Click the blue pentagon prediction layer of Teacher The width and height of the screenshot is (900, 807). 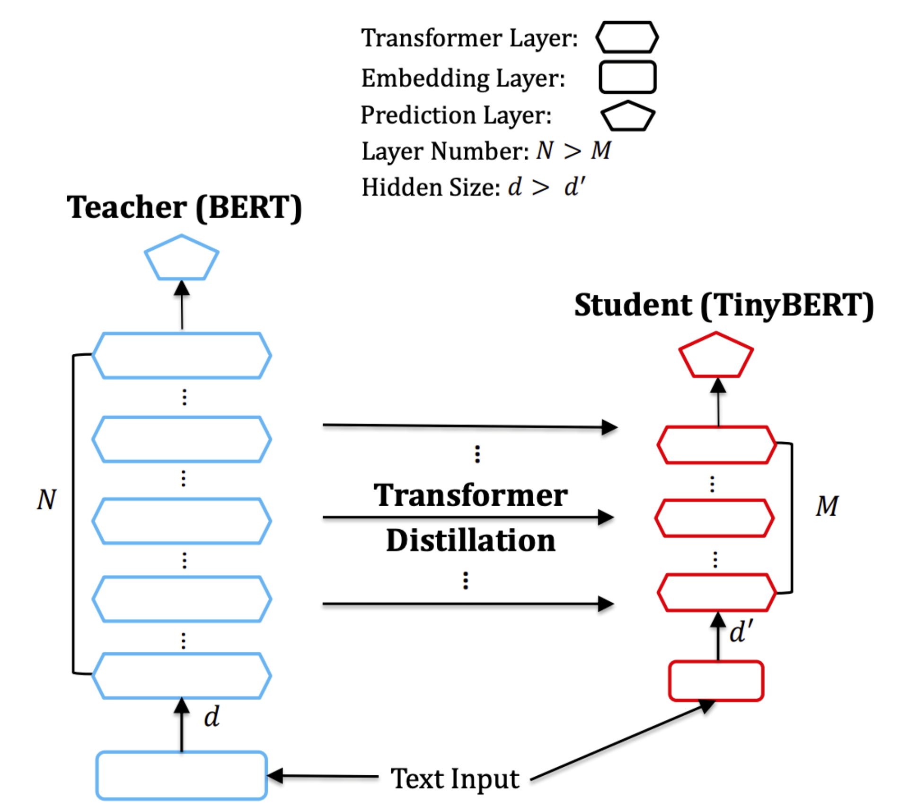click(181, 259)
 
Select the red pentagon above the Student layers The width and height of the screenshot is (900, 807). click(715, 356)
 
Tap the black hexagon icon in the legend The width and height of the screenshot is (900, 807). click(626, 37)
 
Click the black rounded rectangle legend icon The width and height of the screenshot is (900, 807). click(627, 77)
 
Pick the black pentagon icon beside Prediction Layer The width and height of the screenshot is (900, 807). click(627, 116)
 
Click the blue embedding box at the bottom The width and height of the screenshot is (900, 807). click(181, 775)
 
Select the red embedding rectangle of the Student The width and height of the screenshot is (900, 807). click(715, 681)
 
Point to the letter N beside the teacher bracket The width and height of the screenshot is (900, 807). click(46, 500)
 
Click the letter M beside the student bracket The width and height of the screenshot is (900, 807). click(827, 506)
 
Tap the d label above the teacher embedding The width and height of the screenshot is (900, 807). click(212, 717)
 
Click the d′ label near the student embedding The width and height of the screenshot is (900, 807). click(741, 632)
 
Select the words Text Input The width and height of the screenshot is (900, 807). click(455, 778)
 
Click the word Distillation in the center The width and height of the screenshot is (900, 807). click(470, 540)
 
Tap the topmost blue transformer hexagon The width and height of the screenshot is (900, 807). click(181, 356)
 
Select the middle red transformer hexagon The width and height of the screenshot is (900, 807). click(715, 518)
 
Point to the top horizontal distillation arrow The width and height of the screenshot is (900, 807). click(468, 426)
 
